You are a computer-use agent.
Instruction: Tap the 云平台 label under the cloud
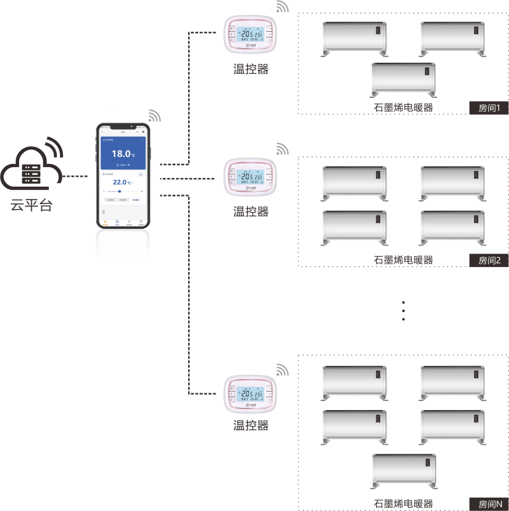(x=31, y=205)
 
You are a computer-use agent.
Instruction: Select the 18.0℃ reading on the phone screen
(x=123, y=154)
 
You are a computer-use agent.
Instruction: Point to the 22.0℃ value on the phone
(x=121, y=182)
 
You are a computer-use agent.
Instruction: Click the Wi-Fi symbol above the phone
(x=154, y=116)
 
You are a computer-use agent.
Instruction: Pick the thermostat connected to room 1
(x=251, y=36)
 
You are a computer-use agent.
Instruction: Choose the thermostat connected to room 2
(x=251, y=179)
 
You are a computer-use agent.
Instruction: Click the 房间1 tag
(x=489, y=108)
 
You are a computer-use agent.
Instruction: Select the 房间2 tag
(x=489, y=260)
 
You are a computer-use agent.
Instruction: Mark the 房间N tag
(x=489, y=504)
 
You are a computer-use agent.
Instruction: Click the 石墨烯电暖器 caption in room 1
(x=404, y=107)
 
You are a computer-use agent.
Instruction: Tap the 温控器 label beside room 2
(x=251, y=212)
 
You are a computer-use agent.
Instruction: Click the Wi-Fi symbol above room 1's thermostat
(x=282, y=7)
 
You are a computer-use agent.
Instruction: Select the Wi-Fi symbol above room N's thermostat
(x=282, y=371)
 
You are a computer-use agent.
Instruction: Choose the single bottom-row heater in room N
(x=405, y=472)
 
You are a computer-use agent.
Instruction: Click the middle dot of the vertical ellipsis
(x=404, y=311)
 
